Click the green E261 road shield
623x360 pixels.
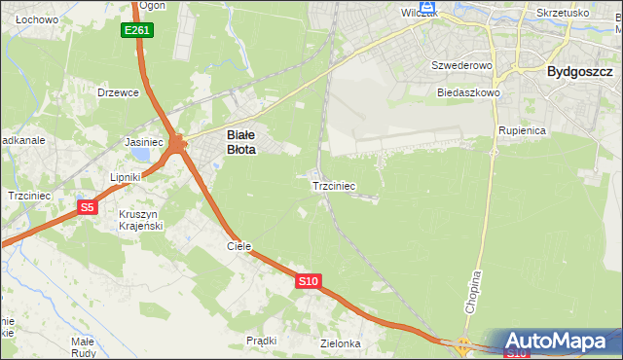pyautogui.click(x=137, y=31)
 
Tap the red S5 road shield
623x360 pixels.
pyautogui.click(x=88, y=207)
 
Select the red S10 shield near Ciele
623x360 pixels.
pyautogui.click(x=308, y=281)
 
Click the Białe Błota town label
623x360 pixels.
pyautogui.click(x=240, y=143)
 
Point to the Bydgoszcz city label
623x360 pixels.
pyautogui.click(x=579, y=71)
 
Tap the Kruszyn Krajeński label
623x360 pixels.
pyautogui.click(x=141, y=220)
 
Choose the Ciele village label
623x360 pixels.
pyautogui.click(x=238, y=247)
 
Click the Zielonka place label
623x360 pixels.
pyautogui.click(x=340, y=344)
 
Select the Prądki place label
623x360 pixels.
pyautogui.click(x=262, y=341)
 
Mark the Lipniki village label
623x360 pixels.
pyautogui.click(x=126, y=177)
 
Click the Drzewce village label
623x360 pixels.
pyautogui.click(x=119, y=92)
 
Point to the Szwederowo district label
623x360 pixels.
pyautogui.click(x=463, y=65)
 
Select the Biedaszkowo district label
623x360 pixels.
pyautogui.click(x=468, y=92)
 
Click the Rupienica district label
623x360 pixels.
pyautogui.click(x=522, y=129)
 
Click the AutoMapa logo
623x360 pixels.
pyautogui.click(x=562, y=342)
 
